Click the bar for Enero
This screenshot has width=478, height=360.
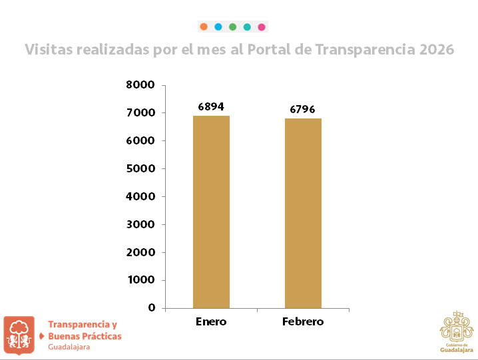tap(211, 212)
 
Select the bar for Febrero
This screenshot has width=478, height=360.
tap(303, 213)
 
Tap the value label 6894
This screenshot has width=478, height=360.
tap(211, 106)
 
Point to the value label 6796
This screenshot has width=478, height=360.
tap(302, 109)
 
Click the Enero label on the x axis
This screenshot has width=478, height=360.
tap(211, 321)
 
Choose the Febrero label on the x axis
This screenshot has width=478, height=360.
tap(303, 321)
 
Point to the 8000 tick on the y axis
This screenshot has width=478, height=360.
tap(140, 85)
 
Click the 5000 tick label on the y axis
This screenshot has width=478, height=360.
tap(140, 169)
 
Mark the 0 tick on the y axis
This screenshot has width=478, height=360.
tap(151, 308)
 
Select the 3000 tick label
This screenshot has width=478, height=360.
tap(140, 224)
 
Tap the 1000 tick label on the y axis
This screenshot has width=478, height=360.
tap(140, 280)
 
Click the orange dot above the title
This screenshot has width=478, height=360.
tap(204, 27)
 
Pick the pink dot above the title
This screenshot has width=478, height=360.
tap(262, 27)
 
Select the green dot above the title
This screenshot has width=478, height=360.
tap(232, 27)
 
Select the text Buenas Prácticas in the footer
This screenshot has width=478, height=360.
tap(85, 336)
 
